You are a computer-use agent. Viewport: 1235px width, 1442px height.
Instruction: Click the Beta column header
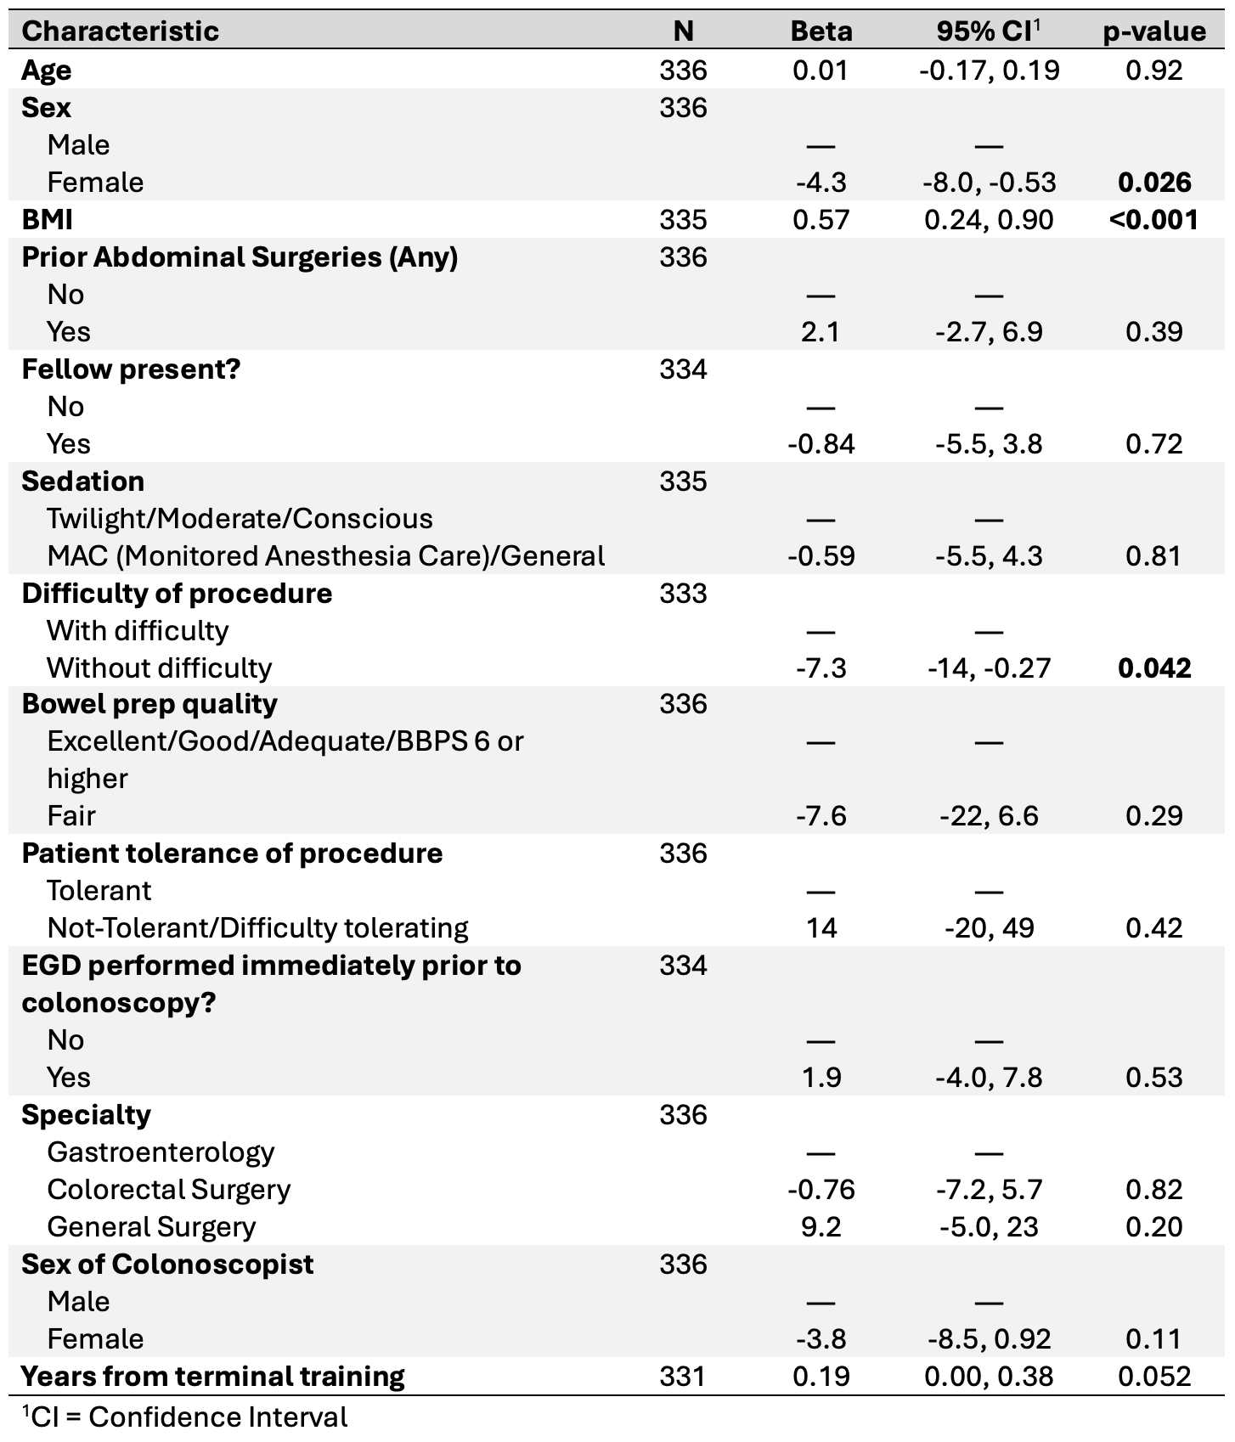(x=821, y=31)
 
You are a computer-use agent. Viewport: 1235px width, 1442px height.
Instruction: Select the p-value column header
(x=1153, y=32)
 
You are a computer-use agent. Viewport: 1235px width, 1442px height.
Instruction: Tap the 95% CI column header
(x=989, y=31)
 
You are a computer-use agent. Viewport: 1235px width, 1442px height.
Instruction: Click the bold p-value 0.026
(x=1154, y=182)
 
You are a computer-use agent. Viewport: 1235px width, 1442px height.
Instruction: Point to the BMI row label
(x=47, y=219)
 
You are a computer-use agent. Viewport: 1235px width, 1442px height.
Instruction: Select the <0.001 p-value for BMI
(x=1153, y=219)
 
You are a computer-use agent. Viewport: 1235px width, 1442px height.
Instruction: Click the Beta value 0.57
(x=821, y=219)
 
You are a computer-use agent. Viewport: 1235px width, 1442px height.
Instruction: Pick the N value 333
(x=683, y=593)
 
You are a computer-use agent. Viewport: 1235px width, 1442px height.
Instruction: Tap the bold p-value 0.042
(x=1154, y=667)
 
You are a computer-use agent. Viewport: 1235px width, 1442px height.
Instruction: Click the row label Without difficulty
(x=160, y=667)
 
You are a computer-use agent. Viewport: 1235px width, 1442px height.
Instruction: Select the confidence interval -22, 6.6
(x=989, y=815)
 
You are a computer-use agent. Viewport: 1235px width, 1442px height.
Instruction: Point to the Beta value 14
(x=821, y=927)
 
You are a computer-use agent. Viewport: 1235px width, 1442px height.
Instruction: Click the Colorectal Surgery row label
(x=169, y=1189)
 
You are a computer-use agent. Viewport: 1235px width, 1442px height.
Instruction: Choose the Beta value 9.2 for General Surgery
(x=821, y=1226)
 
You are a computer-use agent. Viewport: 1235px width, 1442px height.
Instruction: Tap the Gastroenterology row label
(x=161, y=1152)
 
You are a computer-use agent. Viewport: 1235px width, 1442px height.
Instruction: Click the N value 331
(x=683, y=1376)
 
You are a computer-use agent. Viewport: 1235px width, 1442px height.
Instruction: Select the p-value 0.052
(x=1154, y=1376)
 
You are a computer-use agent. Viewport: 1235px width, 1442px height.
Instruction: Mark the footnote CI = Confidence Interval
(x=184, y=1417)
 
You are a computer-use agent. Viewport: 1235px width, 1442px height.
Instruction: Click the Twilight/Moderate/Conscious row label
(x=240, y=518)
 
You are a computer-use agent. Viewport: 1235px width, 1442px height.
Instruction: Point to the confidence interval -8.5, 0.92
(x=989, y=1338)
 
